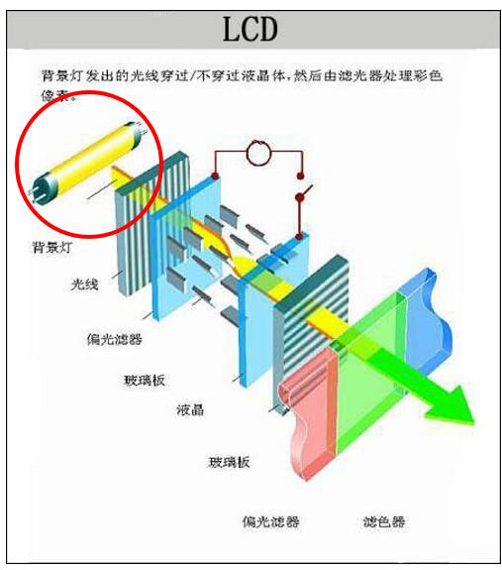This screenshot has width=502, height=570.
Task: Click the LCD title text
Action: (251, 29)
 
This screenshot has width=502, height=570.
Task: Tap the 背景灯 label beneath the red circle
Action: (52, 247)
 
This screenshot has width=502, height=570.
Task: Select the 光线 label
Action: (84, 284)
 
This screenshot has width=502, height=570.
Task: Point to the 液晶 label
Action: (190, 409)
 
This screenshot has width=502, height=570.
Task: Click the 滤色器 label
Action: (384, 521)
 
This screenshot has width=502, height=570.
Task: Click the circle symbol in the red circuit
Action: (258, 153)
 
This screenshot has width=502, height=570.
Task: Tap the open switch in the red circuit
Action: (304, 192)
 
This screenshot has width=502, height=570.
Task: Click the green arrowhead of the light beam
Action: (452, 405)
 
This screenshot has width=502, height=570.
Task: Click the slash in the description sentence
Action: (192, 75)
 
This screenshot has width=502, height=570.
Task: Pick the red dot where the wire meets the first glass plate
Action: (215, 176)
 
